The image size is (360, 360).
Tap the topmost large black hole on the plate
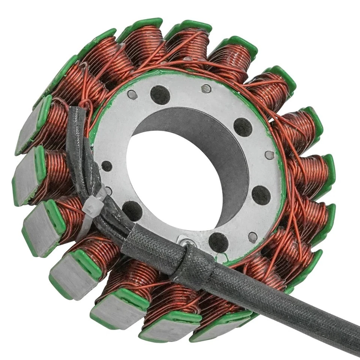(x=160, y=95)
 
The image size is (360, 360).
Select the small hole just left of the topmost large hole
(x=132, y=94)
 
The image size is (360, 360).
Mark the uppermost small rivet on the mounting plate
(x=206, y=89)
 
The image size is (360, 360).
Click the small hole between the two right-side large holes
(x=269, y=155)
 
